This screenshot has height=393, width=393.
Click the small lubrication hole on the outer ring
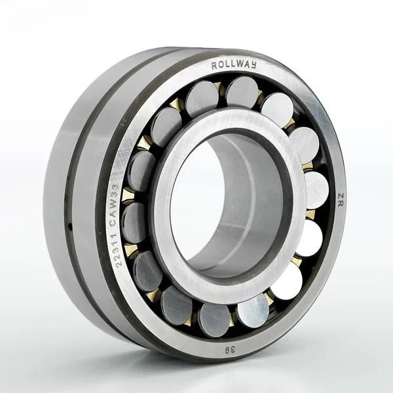click(x=69, y=227)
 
